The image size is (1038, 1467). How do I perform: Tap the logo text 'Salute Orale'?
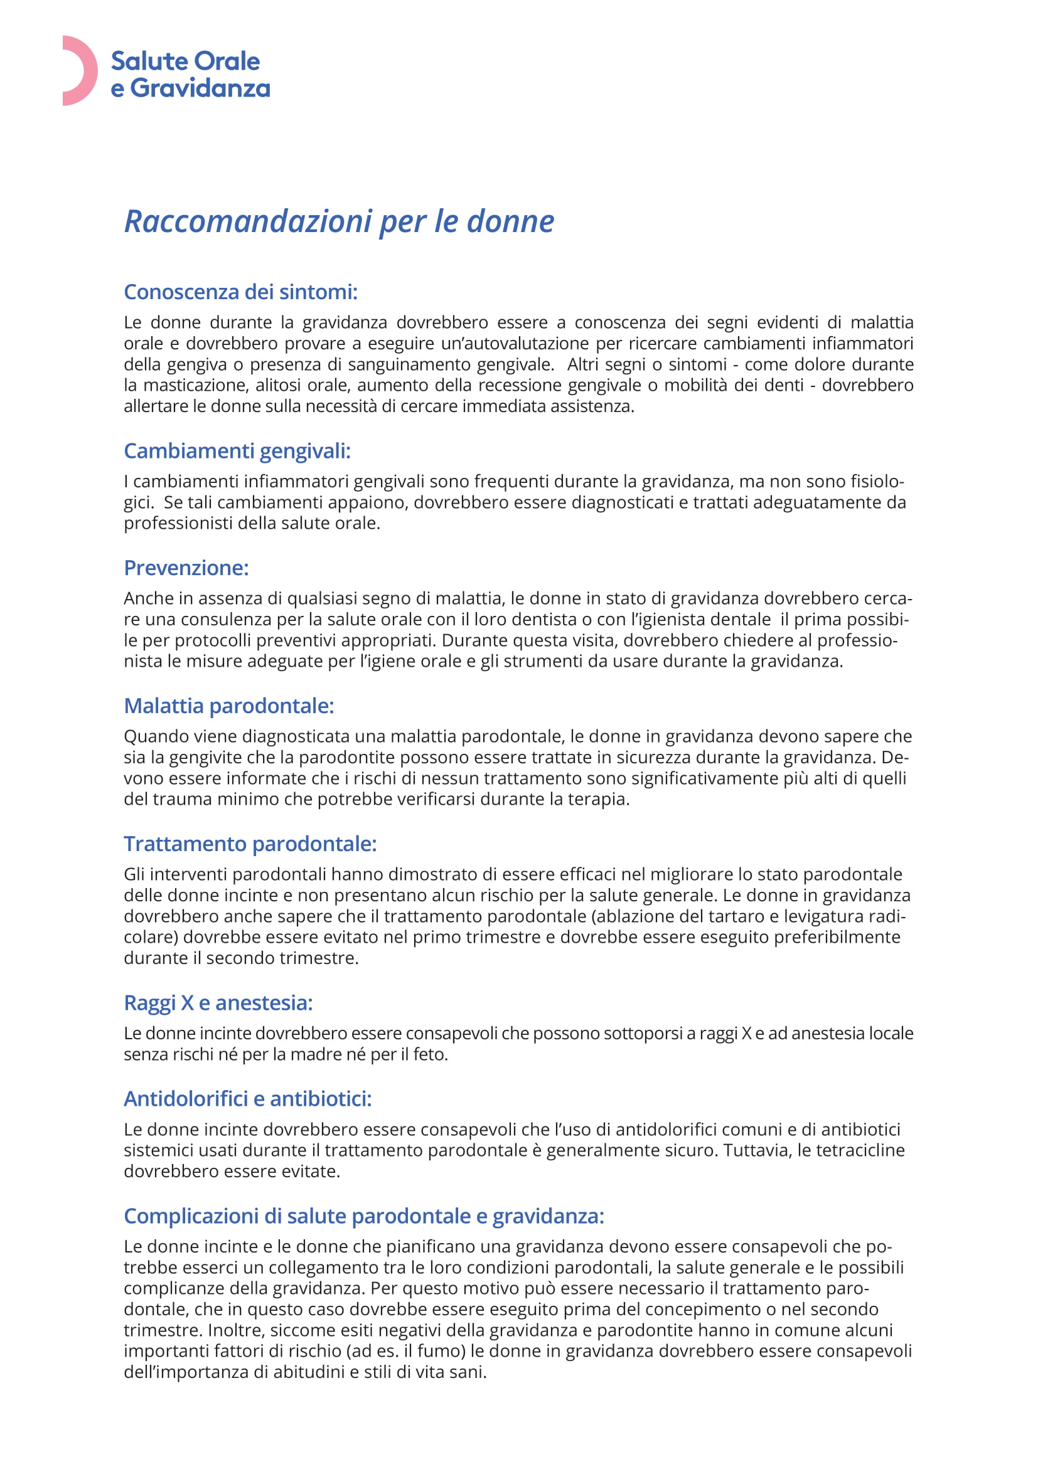(185, 61)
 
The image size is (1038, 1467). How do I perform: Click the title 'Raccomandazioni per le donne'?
(339, 221)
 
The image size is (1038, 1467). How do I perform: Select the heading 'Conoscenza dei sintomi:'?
(240, 292)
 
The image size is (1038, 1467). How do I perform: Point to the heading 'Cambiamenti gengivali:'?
(237, 451)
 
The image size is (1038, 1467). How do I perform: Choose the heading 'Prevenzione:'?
(186, 568)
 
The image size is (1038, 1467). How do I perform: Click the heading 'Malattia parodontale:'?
(229, 706)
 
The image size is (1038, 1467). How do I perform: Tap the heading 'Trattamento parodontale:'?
(250, 844)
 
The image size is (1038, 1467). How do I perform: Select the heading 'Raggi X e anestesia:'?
(218, 1003)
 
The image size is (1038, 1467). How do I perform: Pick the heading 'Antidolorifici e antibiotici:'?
(247, 1099)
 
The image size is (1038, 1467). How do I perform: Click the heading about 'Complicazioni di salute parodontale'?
(364, 1216)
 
